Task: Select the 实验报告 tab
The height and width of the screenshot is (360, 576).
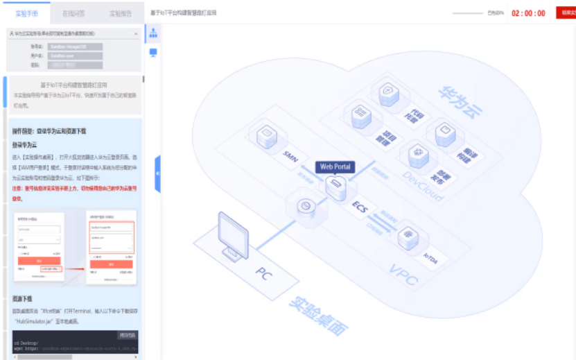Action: (x=120, y=13)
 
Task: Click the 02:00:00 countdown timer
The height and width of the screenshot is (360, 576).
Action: (x=528, y=13)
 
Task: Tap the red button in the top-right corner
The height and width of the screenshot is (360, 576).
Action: (x=567, y=12)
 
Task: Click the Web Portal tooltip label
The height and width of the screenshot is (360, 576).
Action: (x=336, y=167)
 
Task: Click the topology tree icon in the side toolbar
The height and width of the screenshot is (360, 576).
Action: (x=153, y=33)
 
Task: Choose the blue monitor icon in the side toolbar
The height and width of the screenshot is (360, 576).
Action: (x=153, y=52)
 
